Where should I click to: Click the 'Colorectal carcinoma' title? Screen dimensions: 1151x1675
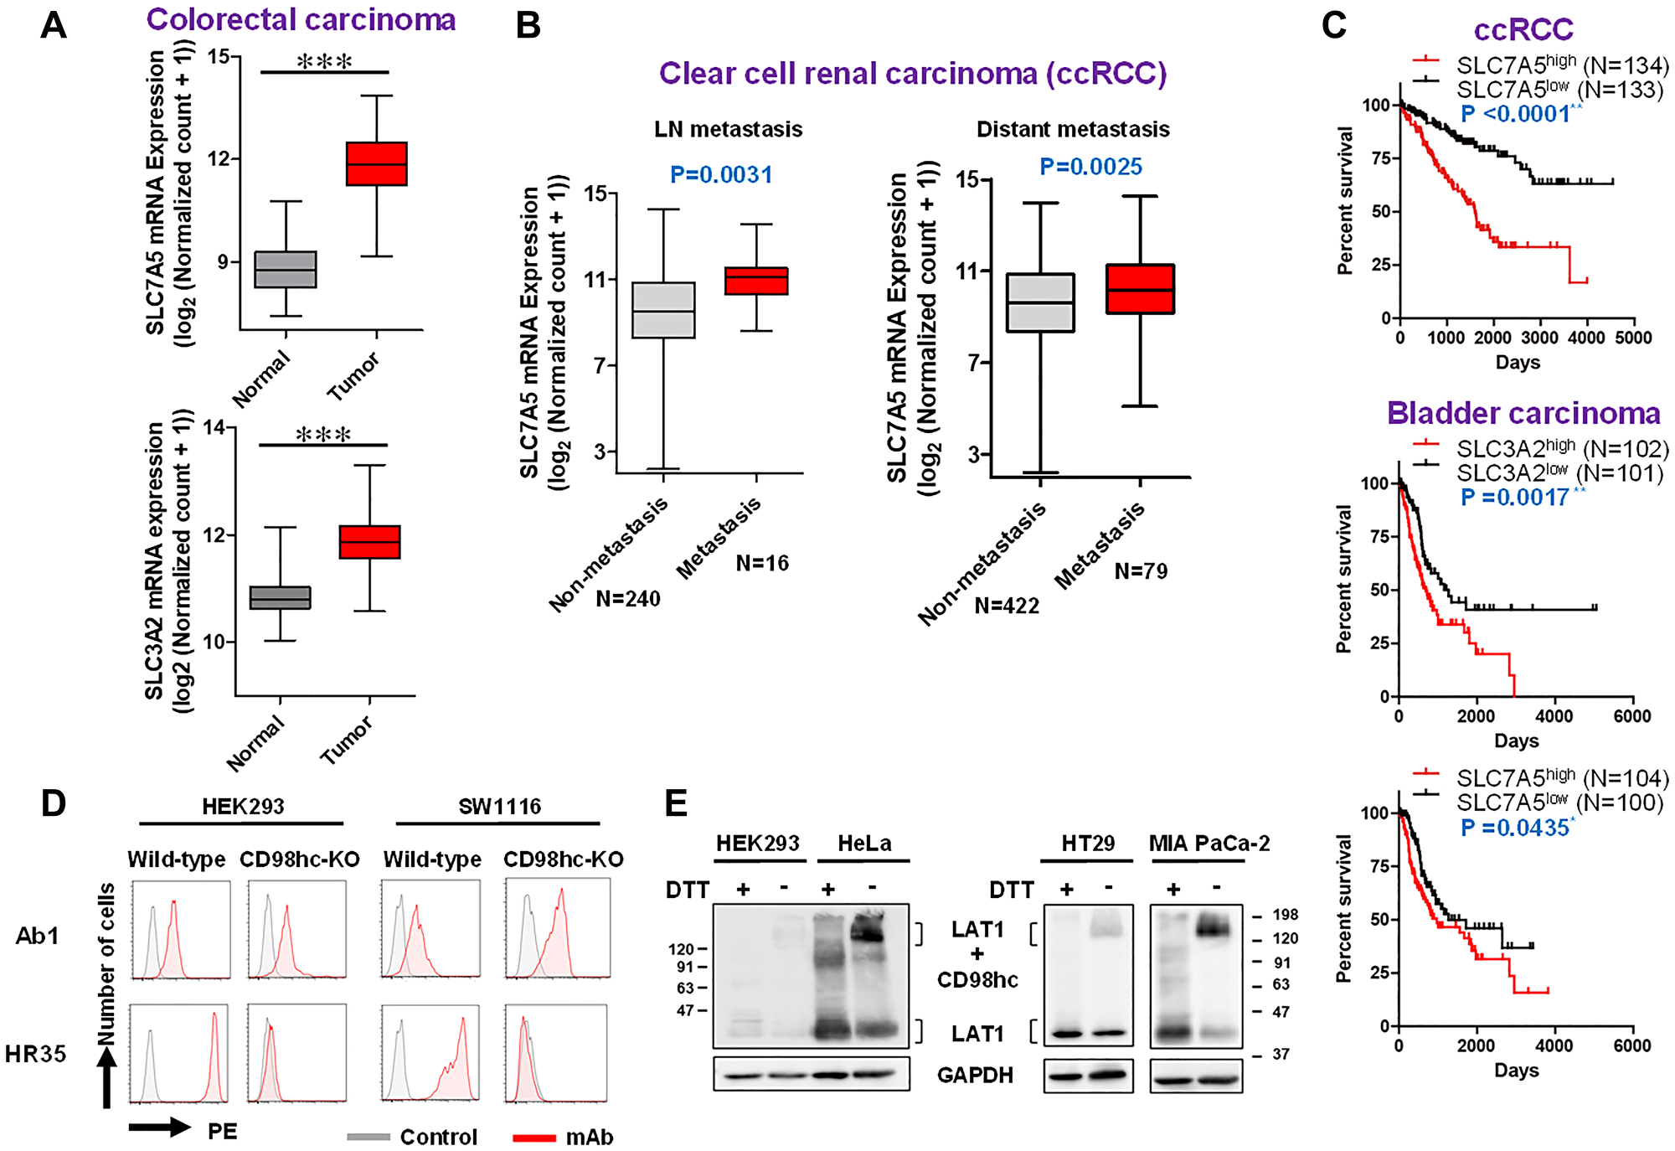tap(301, 19)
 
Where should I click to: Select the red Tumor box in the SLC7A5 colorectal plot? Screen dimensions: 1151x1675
tap(377, 163)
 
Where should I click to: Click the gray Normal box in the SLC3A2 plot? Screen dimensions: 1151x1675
tap(281, 597)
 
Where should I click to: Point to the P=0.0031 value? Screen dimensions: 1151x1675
tap(720, 174)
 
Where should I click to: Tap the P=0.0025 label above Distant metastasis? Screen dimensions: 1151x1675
tap(1090, 167)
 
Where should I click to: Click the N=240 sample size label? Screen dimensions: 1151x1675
tap(628, 599)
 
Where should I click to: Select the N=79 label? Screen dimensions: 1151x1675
tap(1141, 571)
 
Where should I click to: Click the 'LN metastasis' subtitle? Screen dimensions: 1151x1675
tap(728, 129)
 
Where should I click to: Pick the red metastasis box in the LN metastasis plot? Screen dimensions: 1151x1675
tap(756, 281)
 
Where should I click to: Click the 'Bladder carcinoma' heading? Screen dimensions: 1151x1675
tap(1523, 414)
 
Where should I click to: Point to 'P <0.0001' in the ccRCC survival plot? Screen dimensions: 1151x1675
tap(1516, 114)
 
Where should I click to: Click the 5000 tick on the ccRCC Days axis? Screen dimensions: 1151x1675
tap(1633, 338)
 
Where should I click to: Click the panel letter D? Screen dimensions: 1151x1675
tap(54, 803)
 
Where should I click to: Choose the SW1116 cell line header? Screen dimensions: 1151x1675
tap(499, 806)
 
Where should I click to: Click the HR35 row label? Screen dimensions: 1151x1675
tap(35, 1054)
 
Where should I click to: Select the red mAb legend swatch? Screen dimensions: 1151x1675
tap(534, 1137)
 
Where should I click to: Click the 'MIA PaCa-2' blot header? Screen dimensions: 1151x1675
tap(1209, 843)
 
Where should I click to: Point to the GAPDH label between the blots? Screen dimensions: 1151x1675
tap(975, 1075)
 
